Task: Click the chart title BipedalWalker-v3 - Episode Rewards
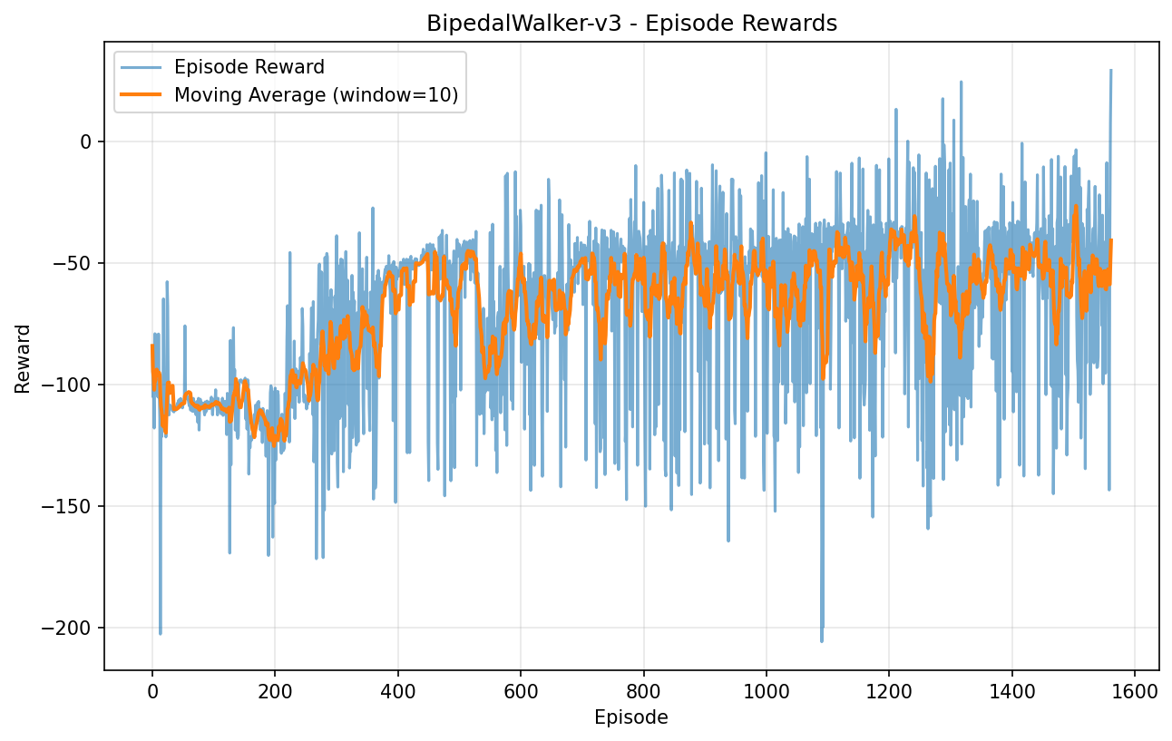(x=631, y=24)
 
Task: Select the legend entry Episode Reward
(x=249, y=67)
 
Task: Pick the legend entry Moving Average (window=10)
(x=316, y=94)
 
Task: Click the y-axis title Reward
(x=23, y=358)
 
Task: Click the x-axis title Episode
(x=631, y=717)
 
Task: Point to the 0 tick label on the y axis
(x=86, y=141)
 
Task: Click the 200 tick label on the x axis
(x=275, y=690)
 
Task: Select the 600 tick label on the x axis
(x=521, y=690)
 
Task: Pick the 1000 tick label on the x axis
(x=767, y=690)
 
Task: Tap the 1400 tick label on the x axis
(x=1011, y=690)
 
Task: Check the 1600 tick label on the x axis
(x=1135, y=690)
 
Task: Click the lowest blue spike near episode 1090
(x=822, y=640)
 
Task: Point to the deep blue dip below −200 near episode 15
(x=161, y=633)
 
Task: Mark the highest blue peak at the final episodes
(x=1110, y=71)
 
